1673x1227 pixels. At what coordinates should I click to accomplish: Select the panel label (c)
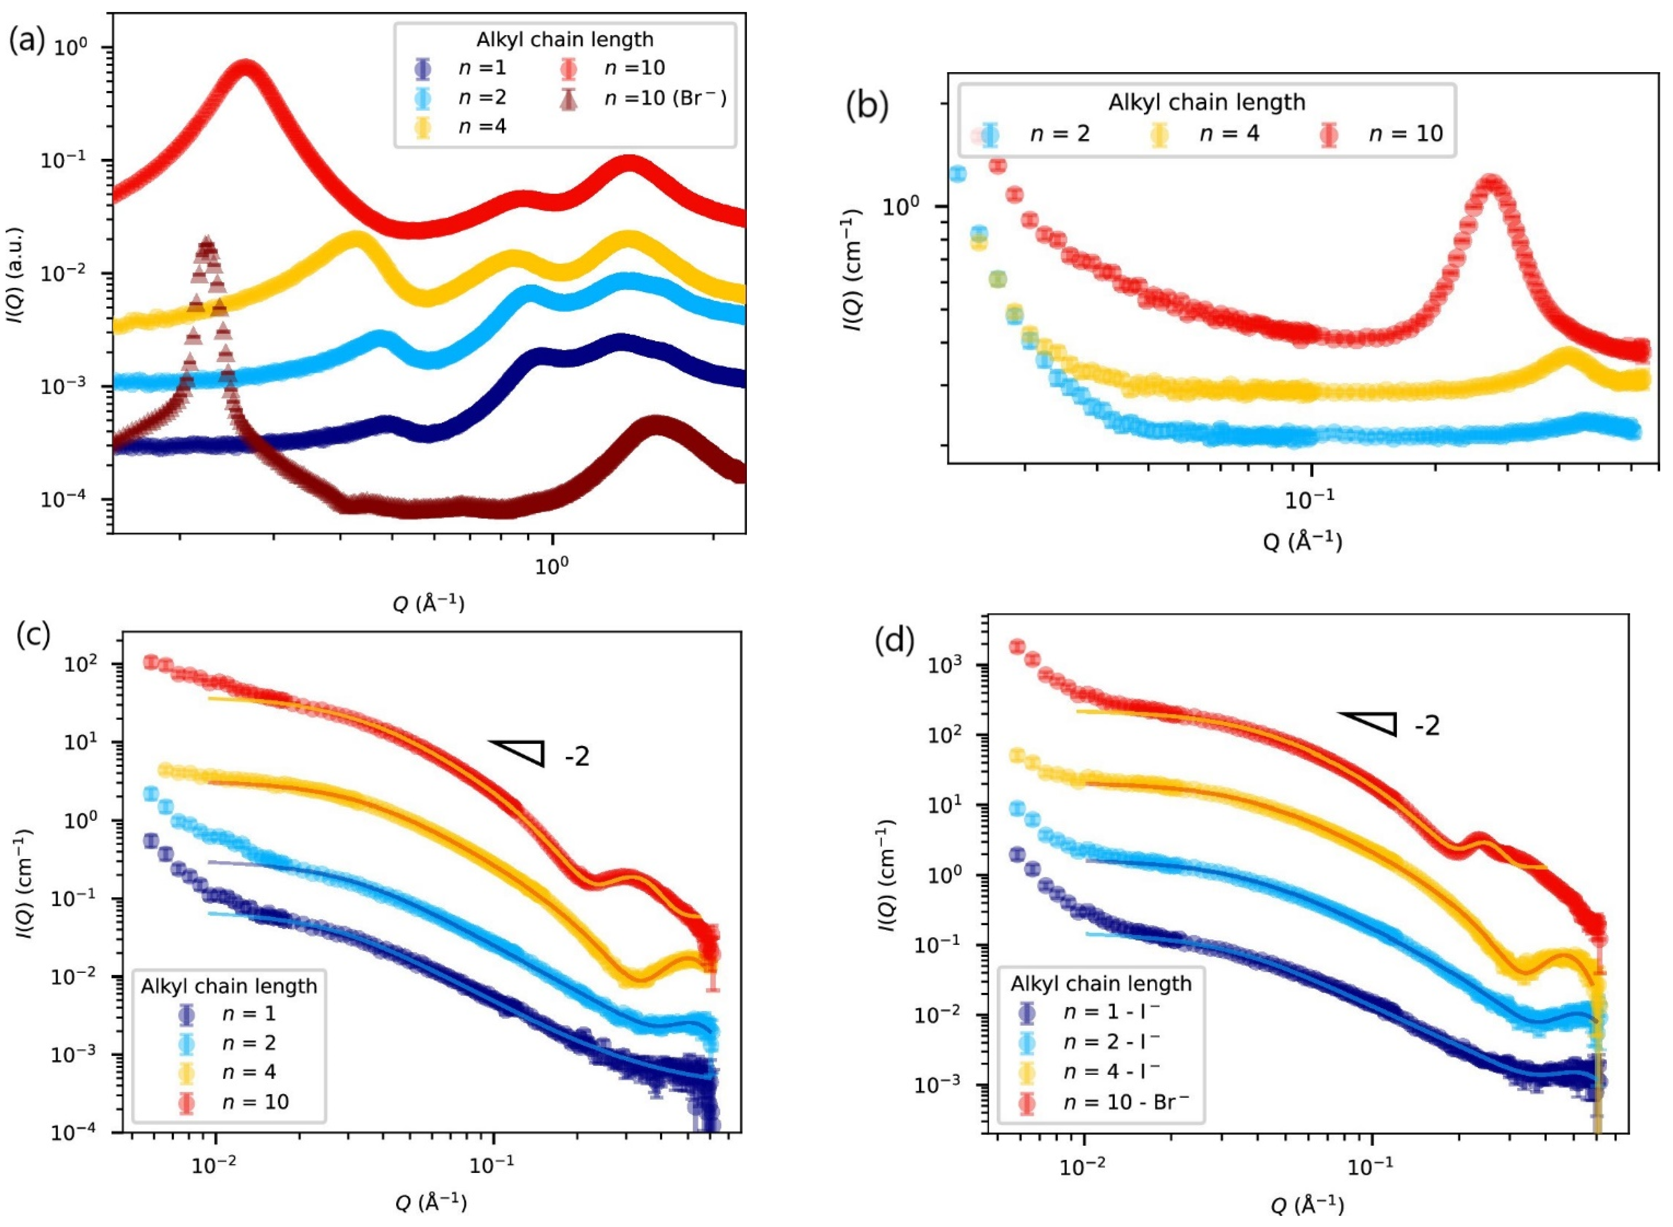[x=33, y=635]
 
